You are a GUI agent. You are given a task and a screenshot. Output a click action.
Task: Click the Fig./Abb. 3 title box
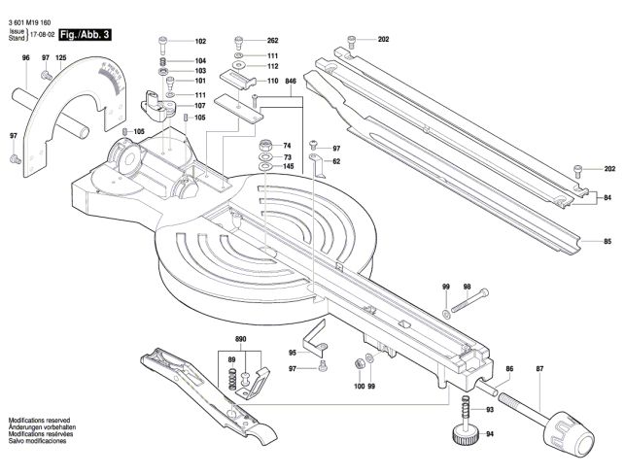click(x=85, y=35)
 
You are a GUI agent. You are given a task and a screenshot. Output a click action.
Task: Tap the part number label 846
click(x=291, y=82)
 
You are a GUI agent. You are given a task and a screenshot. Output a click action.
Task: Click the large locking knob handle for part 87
click(x=569, y=432)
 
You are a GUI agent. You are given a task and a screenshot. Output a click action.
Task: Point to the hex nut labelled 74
click(x=265, y=145)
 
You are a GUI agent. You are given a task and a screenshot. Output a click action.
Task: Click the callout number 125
click(x=61, y=57)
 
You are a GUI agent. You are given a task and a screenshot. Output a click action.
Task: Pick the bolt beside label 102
click(x=163, y=45)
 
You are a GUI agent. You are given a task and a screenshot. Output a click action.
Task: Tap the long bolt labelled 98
click(x=469, y=300)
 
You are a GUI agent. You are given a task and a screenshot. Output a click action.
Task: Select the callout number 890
click(x=241, y=339)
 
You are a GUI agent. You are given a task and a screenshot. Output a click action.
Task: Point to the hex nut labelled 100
click(x=359, y=363)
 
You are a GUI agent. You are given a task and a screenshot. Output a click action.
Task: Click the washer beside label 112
click(x=239, y=65)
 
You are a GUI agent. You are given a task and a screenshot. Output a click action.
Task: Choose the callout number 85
click(x=608, y=242)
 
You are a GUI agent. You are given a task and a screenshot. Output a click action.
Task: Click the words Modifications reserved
click(x=39, y=420)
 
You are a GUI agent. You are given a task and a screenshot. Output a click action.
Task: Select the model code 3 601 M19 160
click(x=29, y=23)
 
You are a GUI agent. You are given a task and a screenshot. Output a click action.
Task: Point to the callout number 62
click(x=337, y=161)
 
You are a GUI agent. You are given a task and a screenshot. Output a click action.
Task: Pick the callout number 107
click(x=200, y=106)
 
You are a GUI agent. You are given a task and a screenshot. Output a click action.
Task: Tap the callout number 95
click(x=293, y=353)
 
